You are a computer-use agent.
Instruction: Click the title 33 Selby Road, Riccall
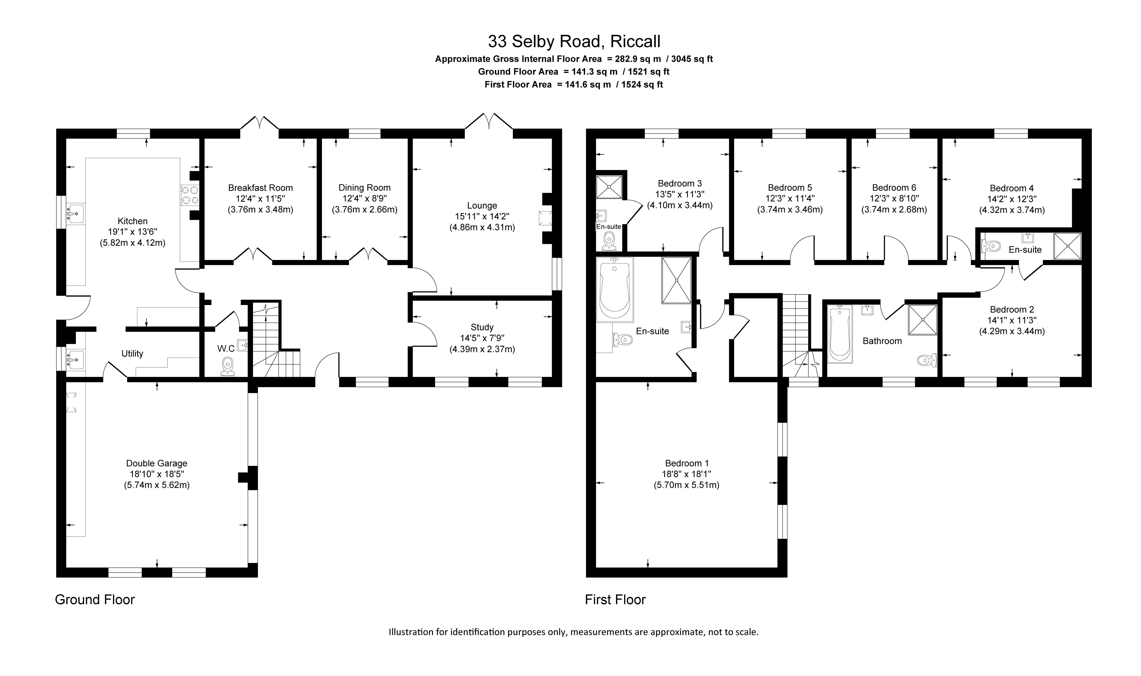(x=574, y=41)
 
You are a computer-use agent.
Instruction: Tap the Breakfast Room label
(x=260, y=188)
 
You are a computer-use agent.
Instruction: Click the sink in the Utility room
(x=75, y=359)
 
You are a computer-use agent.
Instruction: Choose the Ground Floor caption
(x=95, y=599)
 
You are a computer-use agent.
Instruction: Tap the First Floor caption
(x=615, y=599)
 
